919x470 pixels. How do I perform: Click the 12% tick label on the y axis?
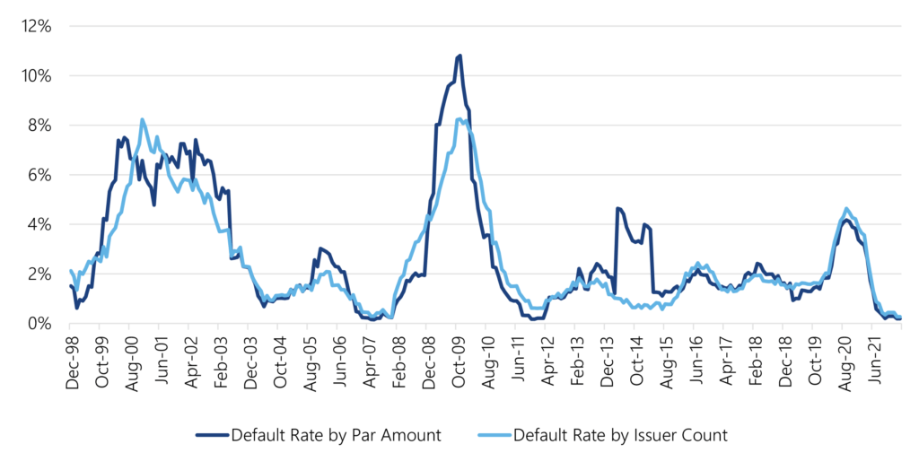39,26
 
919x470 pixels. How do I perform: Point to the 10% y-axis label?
39,75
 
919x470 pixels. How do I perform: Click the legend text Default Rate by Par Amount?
336,436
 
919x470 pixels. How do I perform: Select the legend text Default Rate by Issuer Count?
620,436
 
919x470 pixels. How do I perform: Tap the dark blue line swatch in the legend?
212,436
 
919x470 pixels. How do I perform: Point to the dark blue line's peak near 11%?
459,57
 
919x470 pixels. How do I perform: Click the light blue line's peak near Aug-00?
143,119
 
